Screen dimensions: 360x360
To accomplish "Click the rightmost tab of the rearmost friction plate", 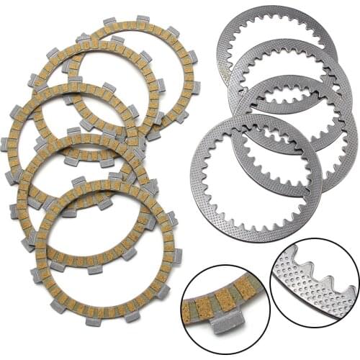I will click(195, 86).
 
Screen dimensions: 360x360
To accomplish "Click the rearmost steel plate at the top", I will click(277, 21).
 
